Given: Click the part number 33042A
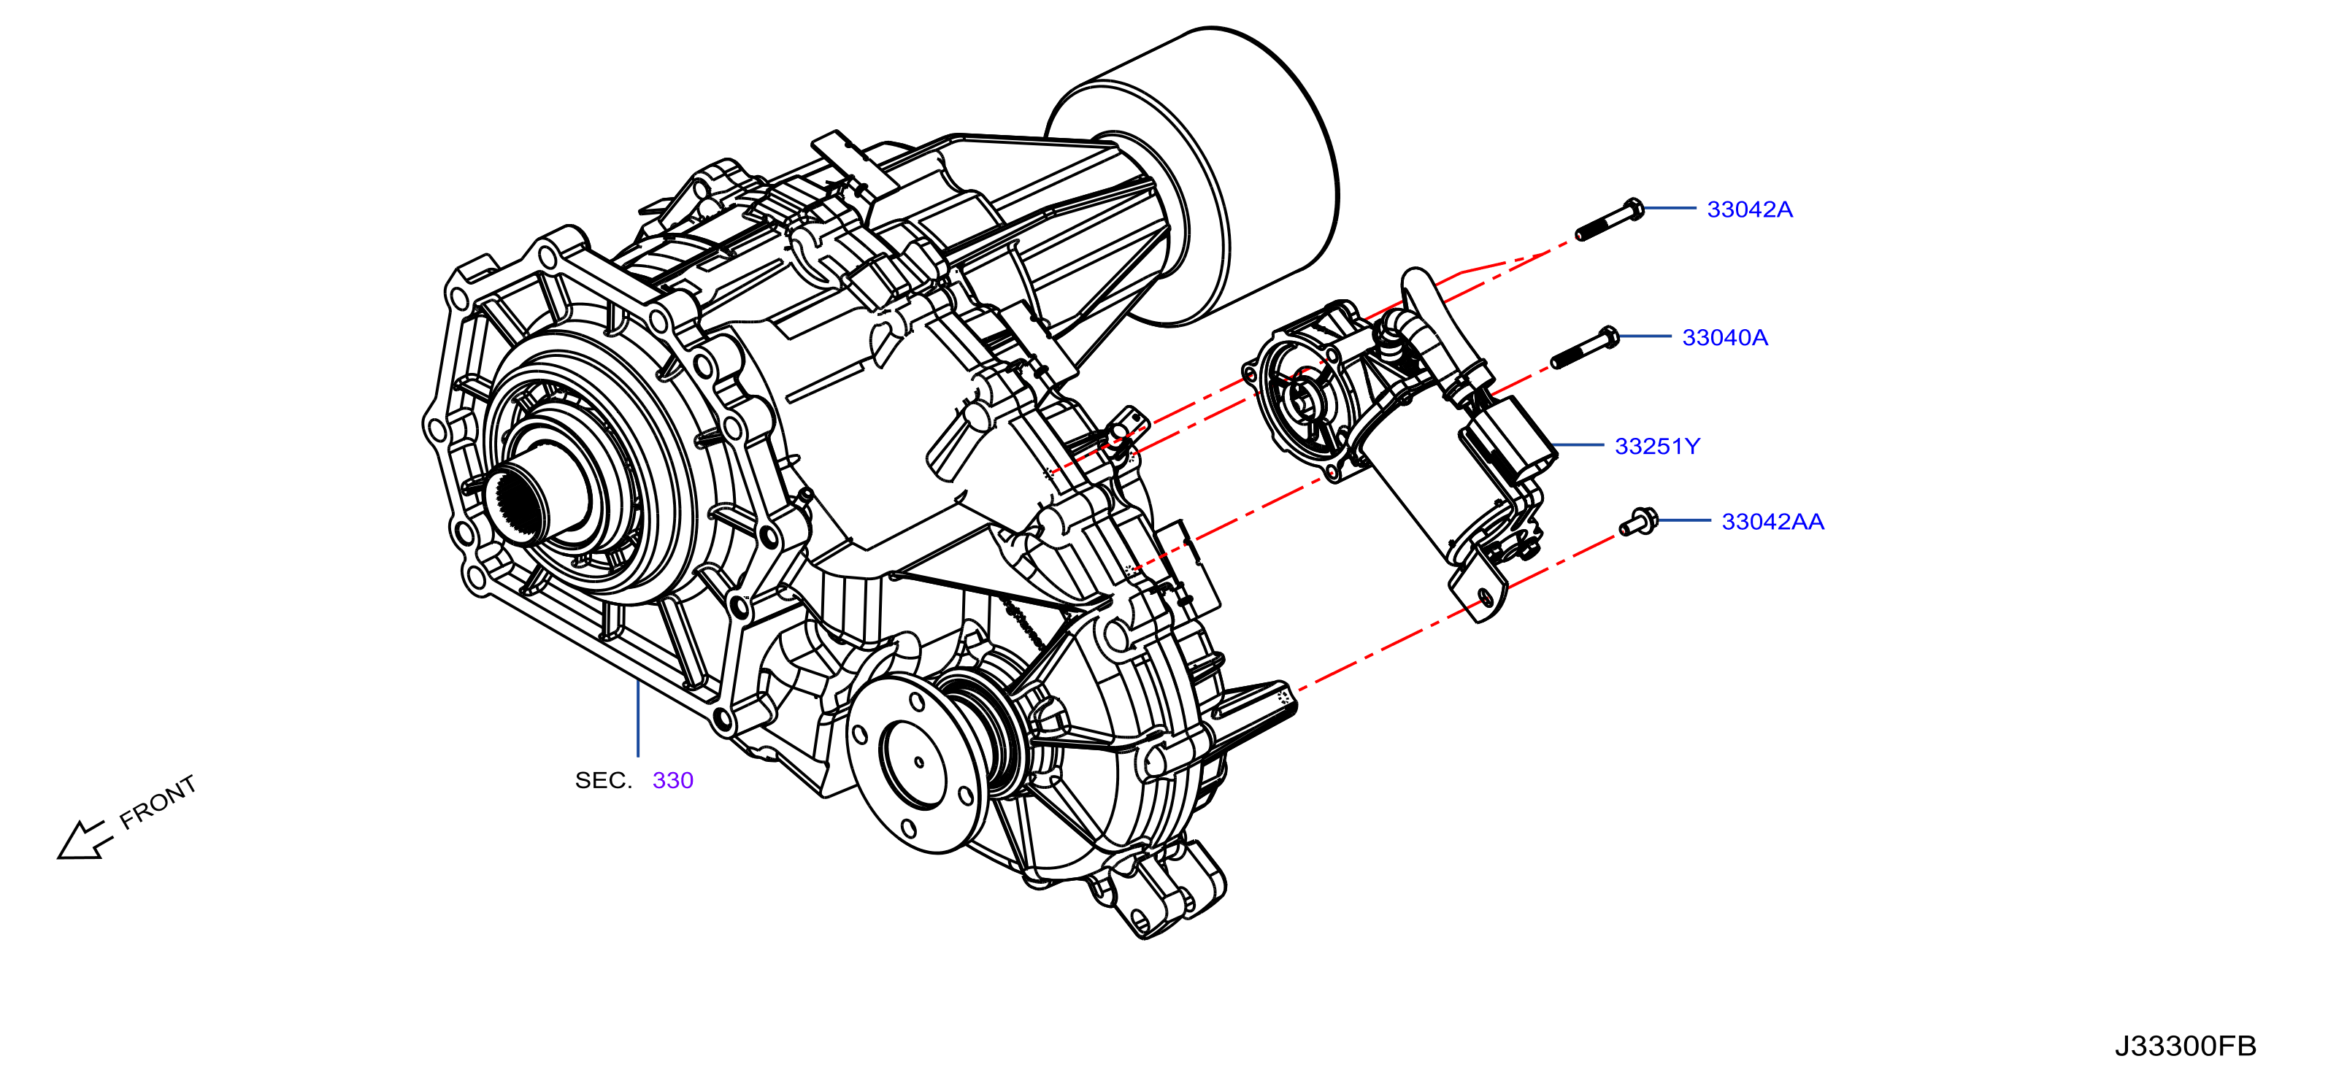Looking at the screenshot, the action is click(1749, 209).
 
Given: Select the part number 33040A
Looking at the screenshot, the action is click(1725, 338).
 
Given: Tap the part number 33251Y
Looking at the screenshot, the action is click(1657, 447).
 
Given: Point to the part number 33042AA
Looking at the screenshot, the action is click(1772, 522).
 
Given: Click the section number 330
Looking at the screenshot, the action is click(672, 781).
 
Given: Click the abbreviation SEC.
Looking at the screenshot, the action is click(603, 781).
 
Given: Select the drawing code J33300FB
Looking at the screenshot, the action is click(2185, 1046).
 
